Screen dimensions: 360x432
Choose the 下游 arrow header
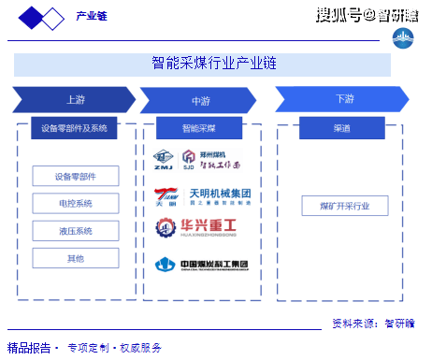[x=344, y=99]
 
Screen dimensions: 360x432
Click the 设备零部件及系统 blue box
[x=75, y=129]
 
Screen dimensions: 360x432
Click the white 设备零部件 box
[x=75, y=176]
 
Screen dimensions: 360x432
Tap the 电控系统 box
[x=75, y=203]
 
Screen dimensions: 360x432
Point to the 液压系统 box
[x=75, y=231]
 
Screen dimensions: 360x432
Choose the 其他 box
[x=75, y=258]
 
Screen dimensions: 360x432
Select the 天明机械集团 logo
[x=203, y=196]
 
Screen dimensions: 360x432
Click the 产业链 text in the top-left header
[x=91, y=16]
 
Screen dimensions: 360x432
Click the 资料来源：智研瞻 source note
[x=374, y=324]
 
